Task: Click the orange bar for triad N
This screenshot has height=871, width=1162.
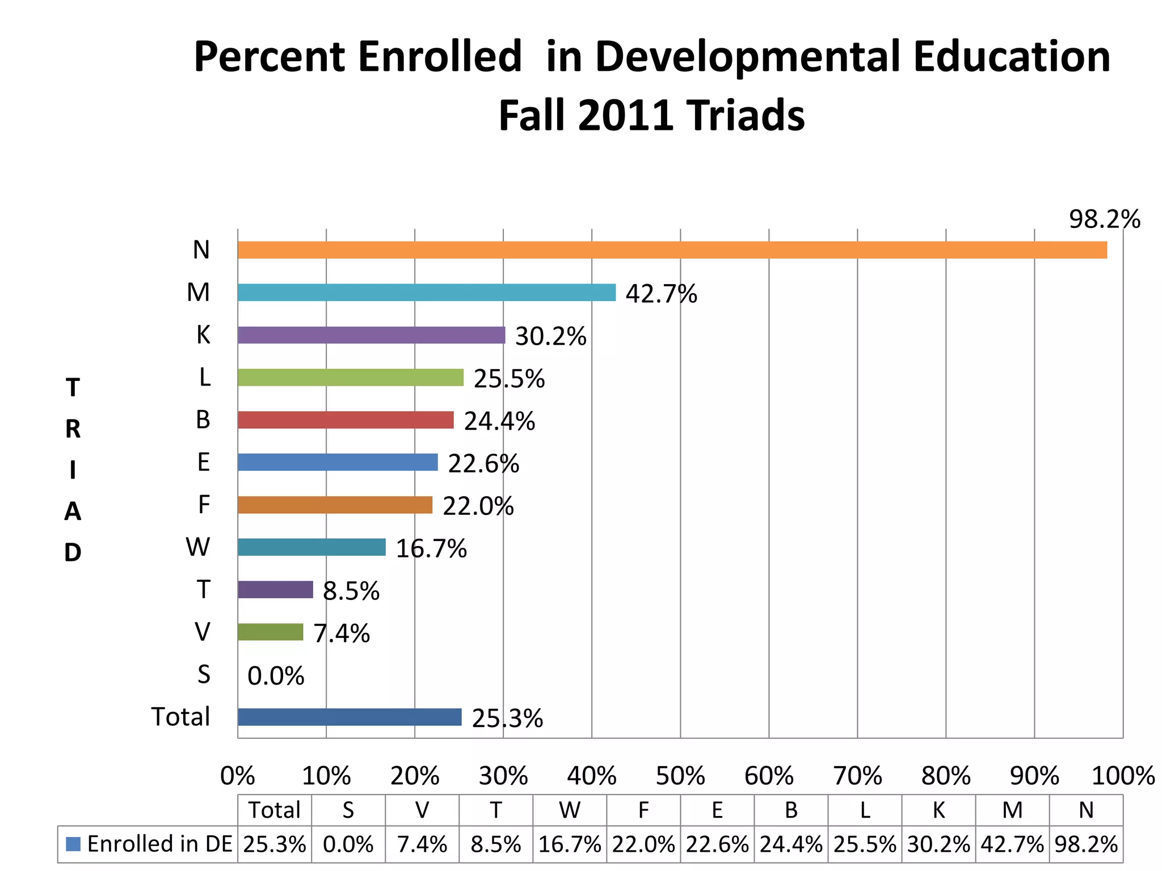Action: click(x=672, y=250)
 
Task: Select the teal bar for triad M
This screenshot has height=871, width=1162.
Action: click(x=427, y=293)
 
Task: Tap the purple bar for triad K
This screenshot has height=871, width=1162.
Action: click(x=372, y=335)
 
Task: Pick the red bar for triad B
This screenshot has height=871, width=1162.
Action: click(x=346, y=420)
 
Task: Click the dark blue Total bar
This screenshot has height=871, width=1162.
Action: click(x=350, y=717)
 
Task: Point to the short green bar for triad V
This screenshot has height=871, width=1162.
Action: click(x=271, y=632)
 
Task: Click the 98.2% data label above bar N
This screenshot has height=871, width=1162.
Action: click(x=1104, y=219)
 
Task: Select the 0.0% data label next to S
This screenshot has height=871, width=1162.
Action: click(x=276, y=676)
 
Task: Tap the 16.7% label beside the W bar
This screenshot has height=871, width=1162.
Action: click(x=431, y=549)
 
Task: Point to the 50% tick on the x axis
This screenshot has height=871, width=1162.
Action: click(x=680, y=776)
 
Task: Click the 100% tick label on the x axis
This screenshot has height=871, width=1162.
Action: click(x=1123, y=776)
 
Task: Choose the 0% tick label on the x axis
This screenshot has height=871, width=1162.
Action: click(x=238, y=776)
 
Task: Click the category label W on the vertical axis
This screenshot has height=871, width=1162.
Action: click(x=198, y=547)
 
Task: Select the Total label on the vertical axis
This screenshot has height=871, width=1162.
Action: click(x=180, y=717)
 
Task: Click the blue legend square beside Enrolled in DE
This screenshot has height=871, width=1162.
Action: click(x=73, y=844)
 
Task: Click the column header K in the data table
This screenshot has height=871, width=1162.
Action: click(x=938, y=810)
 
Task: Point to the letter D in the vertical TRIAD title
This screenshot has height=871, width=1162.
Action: click(x=73, y=552)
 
